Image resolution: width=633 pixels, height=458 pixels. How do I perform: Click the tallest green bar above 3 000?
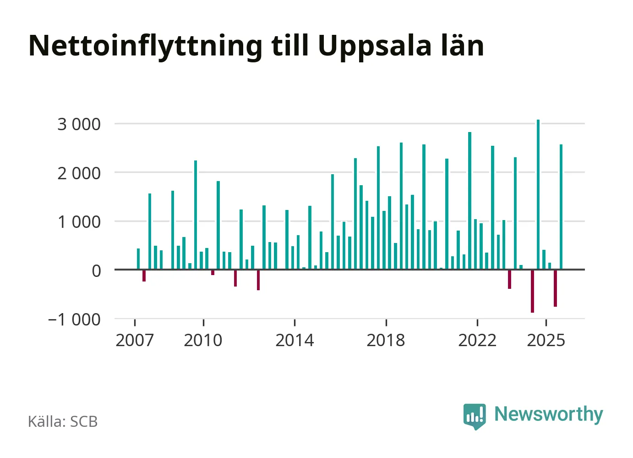point(538,194)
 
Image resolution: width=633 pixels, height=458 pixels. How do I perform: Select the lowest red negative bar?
point(532,291)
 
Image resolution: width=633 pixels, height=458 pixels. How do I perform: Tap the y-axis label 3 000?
point(79,124)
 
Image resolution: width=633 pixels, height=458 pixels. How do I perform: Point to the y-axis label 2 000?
point(79,173)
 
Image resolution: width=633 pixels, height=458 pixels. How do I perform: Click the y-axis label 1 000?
point(79,222)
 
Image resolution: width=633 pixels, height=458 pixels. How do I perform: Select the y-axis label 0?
point(96,271)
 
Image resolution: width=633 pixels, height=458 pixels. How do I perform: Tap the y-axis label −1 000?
point(74,320)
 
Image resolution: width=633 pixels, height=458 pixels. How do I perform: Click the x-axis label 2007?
point(135,341)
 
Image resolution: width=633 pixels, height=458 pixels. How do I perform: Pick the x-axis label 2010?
point(203,341)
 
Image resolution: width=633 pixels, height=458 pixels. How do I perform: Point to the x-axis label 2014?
point(295,341)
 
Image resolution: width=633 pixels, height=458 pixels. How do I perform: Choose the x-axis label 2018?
point(386,341)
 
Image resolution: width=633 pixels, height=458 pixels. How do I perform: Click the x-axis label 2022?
point(477,341)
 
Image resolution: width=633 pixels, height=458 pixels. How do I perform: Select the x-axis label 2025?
point(546,341)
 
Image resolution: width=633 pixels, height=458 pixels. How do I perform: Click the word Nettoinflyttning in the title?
point(146,46)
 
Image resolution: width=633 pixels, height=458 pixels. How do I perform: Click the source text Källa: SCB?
point(63,421)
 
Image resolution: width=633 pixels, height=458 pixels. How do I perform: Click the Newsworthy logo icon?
point(475,416)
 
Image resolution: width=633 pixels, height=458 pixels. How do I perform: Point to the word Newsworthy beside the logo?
point(548,414)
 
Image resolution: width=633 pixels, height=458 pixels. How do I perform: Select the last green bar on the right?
point(561,207)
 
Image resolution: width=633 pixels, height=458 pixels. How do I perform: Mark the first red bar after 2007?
point(144,275)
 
